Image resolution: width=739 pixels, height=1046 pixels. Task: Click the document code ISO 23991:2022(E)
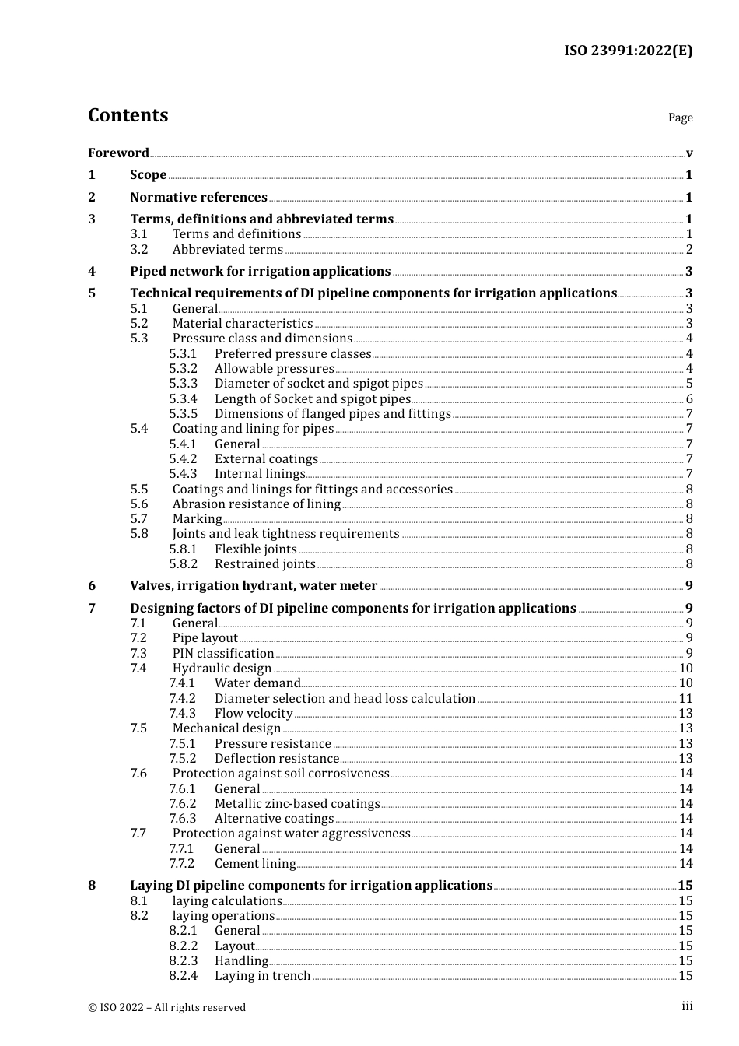coord(628,51)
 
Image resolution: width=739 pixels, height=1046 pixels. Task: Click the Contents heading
coord(128,115)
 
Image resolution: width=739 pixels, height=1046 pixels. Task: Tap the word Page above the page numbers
coord(680,118)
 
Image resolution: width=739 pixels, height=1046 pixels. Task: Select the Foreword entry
coord(118,153)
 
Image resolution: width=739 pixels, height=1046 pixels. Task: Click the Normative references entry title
coord(198,197)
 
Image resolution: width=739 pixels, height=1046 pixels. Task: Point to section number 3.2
coord(139,249)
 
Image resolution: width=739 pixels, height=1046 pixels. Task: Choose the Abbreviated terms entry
coord(227,249)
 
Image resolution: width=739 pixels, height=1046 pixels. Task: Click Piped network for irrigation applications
coord(260,271)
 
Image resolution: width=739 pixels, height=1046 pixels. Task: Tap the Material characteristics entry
coord(242,323)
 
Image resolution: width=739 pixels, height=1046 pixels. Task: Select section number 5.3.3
coord(184,383)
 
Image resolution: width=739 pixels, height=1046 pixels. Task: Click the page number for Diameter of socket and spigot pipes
coord(689,383)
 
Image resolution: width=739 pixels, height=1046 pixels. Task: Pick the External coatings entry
coord(266,458)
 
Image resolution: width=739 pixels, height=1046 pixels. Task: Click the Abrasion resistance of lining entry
coord(256,504)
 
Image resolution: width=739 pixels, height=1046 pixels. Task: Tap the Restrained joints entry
coord(264,563)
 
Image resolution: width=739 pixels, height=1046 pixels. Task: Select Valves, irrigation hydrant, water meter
coord(254,585)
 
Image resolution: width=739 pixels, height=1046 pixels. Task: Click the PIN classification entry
coord(223,653)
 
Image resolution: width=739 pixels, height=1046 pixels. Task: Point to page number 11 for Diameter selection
coord(685,698)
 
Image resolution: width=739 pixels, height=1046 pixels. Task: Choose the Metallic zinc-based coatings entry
coord(297,803)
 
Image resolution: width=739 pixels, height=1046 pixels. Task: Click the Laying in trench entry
coord(262,975)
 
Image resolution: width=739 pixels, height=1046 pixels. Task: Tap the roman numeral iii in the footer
coord(687,1006)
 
